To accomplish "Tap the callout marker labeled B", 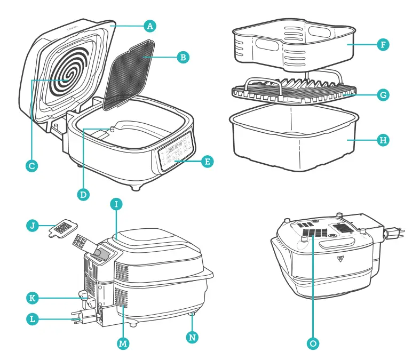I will (x=182, y=57).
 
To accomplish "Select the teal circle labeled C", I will (x=31, y=166).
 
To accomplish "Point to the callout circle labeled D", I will (x=83, y=194).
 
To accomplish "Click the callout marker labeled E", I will (x=208, y=161).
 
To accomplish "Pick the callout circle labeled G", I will (x=383, y=95).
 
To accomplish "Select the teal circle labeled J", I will (x=33, y=226).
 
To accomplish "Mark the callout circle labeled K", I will (x=33, y=296).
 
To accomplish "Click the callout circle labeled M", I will (x=123, y=344).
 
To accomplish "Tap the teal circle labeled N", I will (x=192, y=337).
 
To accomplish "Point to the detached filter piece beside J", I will (x=65, y=229).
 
